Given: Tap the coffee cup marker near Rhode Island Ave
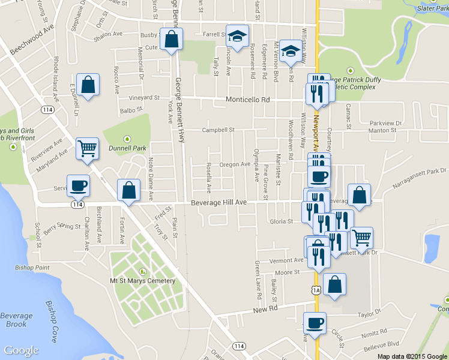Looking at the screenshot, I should pos(79,187).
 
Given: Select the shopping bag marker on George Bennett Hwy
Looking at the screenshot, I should pos(171,40).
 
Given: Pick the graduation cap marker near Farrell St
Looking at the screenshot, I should pos(237,36).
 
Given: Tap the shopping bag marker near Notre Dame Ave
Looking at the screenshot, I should pos(128,190).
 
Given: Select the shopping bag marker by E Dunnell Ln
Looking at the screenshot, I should pos(88,86).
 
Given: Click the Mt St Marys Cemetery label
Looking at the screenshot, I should pos(142,281).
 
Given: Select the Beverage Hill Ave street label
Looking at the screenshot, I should pos(219,203).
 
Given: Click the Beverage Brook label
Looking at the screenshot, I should pos(16,320).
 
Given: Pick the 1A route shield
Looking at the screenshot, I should pos(316,290).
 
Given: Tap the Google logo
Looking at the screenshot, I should pos(21,351).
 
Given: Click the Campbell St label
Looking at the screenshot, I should pos(217,130).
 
